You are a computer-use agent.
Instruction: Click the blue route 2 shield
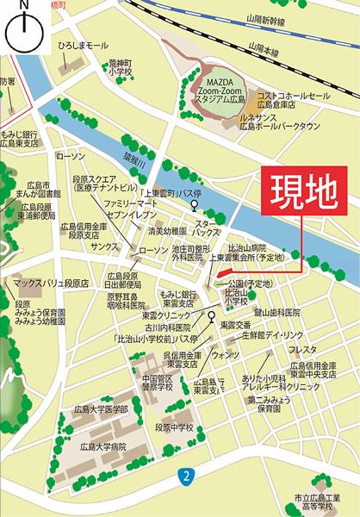pos(184,476)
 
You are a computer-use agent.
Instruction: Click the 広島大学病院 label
pos(98,446)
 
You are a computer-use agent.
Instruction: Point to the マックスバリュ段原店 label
pos(51,282)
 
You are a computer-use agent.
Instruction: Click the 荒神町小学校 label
pos(118,66)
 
